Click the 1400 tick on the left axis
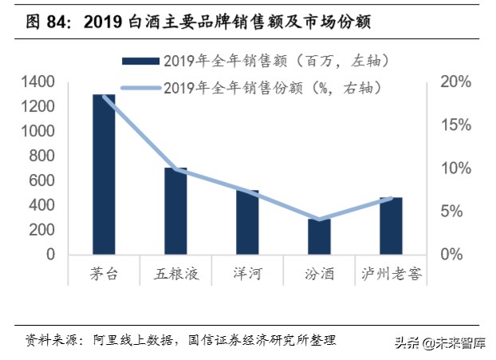coord(38,82)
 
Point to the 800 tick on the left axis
coord(43,156)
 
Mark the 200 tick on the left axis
coord(43,230)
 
